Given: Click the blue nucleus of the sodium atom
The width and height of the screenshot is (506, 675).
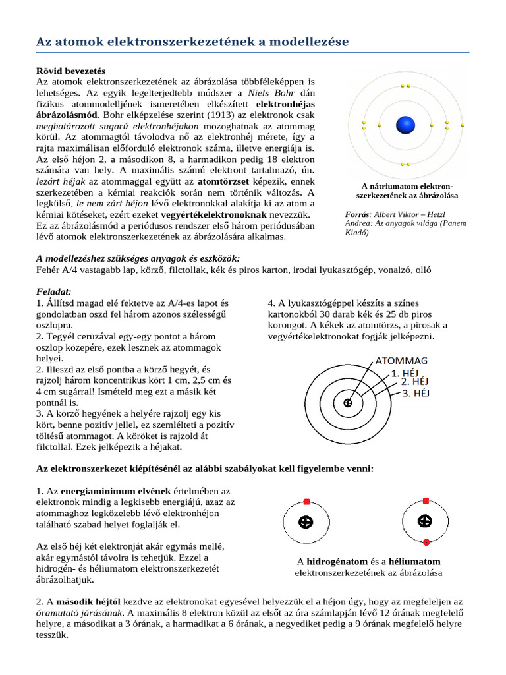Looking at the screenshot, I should click(x=405, y=125).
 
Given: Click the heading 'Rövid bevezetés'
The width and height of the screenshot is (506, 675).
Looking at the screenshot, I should click(x=70, y=71).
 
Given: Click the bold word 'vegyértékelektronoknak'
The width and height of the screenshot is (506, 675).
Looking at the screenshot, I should click(x=214, y=215).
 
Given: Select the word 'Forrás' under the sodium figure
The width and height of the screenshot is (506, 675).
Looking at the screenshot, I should click(x=358, y=215).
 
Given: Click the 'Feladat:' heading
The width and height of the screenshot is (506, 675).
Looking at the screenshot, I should click(x=53, y=291).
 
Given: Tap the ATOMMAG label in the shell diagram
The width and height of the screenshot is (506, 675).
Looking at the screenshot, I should click(x=401, y=361).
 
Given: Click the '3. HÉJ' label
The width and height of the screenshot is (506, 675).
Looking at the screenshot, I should click(x=416, y=393).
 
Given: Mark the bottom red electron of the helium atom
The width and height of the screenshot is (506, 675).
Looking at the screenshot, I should click(x=426, y=543).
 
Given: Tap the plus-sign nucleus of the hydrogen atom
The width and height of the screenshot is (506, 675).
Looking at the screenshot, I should click(x=306, y=522).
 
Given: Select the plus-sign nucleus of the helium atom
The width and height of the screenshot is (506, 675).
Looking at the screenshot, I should click(x=426, y=521).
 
